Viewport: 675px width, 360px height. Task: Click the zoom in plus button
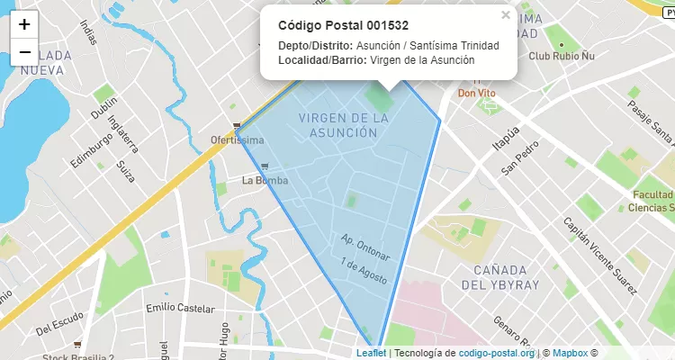pyautogui.click(x=24, y=25)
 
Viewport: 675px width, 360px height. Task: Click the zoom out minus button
pyautogui.click(x=24, y=51)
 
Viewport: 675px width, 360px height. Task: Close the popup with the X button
pyautogui.click(x=506, y=15)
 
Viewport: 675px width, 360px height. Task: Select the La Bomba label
pyautogui.click(x=265, y=180)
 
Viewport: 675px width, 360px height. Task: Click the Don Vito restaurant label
pyautogui.click(x=477, y=92)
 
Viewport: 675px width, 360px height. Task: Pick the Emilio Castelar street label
pyautogui.click(x=179, y=309)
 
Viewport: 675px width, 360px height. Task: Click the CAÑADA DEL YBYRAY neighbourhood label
pyautogui.click(x=500, y=276)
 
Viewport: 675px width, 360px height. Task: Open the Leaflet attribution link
pyautogui.click(x=371, y=354)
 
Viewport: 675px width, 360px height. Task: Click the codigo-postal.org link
pyautogui.click(x=496, y=354)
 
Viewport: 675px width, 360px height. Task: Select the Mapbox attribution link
pyautogui.click(x=569, y=354)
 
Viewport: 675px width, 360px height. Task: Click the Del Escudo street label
pyautogui.click(x=59, y=326)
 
